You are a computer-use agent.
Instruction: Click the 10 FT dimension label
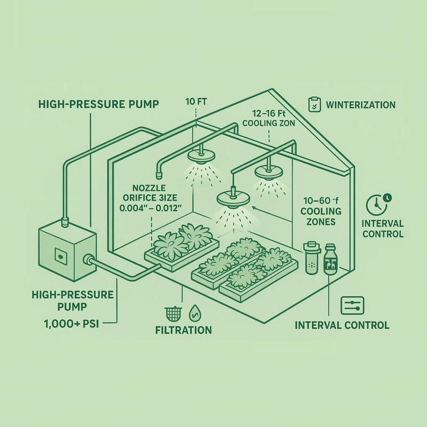point(195,102)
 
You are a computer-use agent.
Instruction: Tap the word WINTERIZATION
point(360,105)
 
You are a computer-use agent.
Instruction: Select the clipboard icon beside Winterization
point(314,104)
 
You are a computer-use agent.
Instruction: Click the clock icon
point(376,204)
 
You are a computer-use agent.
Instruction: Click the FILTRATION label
point(183,330)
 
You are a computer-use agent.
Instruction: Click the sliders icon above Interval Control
point(352,306)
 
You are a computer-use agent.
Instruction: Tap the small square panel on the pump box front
point(59,254)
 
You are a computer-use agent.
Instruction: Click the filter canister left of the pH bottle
point(310,257)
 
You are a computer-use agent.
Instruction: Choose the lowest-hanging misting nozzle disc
point(233,199)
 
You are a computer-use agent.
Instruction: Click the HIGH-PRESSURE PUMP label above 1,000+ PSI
point(72,301)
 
